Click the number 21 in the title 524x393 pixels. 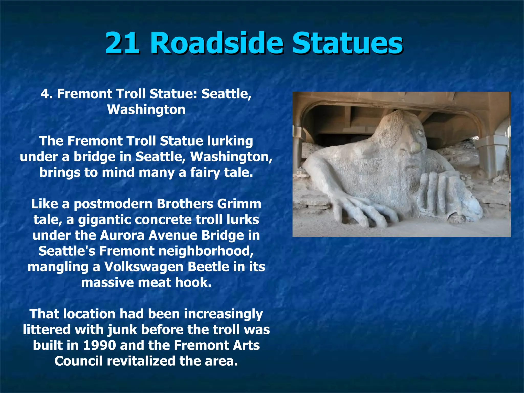[122, 43]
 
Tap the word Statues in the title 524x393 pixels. [347, 43]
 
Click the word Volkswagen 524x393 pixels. [144, 267]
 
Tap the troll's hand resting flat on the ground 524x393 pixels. [363, 210]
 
